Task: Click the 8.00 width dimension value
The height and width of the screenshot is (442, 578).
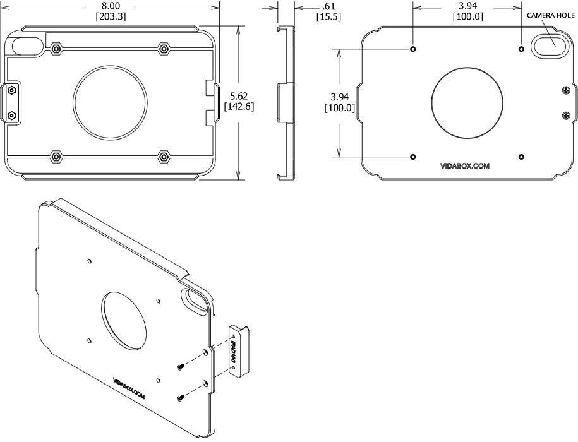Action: (x=111, y=6)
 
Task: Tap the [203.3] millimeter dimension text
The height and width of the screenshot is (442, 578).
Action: (x=111, y=17)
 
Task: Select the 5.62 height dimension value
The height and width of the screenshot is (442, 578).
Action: (x=239, y=95)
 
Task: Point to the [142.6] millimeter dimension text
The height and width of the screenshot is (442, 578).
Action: (x=239, y=107)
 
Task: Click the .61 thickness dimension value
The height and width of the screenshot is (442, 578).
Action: (x=328, y=6)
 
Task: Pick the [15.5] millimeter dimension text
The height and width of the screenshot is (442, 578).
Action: (x=328, y=17)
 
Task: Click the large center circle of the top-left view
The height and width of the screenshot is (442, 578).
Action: (x=111, y=101)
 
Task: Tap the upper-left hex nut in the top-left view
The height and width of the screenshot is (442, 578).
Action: (x=57, y=48)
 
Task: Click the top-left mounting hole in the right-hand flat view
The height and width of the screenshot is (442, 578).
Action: (x=413, y=49)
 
